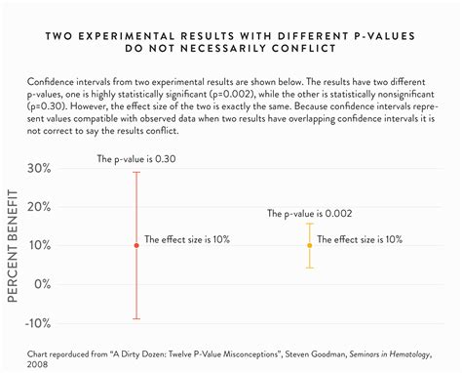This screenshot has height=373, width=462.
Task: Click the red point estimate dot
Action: [x=135, y=245]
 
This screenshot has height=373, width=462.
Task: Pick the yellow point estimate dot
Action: [x=310, y=245]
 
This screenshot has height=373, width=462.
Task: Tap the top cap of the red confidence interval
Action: [x=135, y=172]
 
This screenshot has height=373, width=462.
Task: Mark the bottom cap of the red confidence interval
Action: [x=135, y=318]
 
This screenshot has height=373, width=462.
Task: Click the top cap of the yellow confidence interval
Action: [x=310, y=224]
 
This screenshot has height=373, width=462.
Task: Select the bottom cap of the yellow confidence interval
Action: [x=310, y=268]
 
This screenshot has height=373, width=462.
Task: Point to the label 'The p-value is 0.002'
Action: [x=310, y=213]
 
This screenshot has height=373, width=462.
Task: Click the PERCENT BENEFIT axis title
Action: [x=16, y=245]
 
